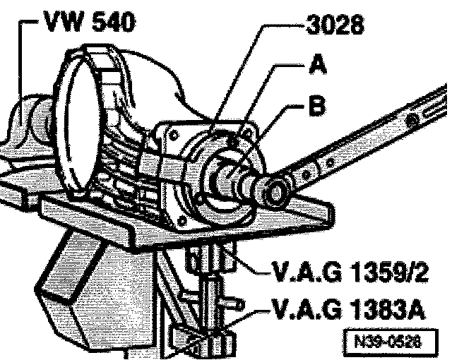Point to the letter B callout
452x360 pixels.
click(x=317, y=107)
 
